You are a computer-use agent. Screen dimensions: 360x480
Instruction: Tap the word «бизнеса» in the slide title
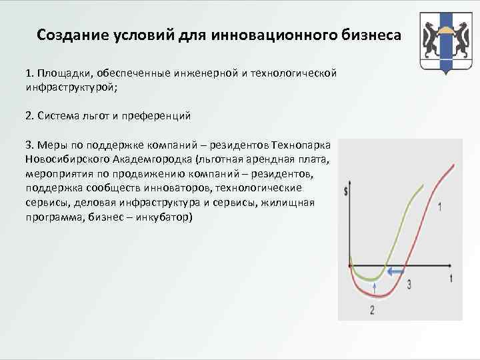pyautogui.click(x=371, y=34)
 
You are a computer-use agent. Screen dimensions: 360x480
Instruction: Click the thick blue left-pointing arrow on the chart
pyautogui.click(x=397, y=271)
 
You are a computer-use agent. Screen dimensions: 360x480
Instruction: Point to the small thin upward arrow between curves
pyautogui.click(x=375, y=289)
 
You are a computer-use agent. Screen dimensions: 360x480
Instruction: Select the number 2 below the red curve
pyautogui.click(x=371, y=310)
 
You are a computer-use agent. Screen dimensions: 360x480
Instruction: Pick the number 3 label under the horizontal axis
pyautogui.click(x=408, y=285)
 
